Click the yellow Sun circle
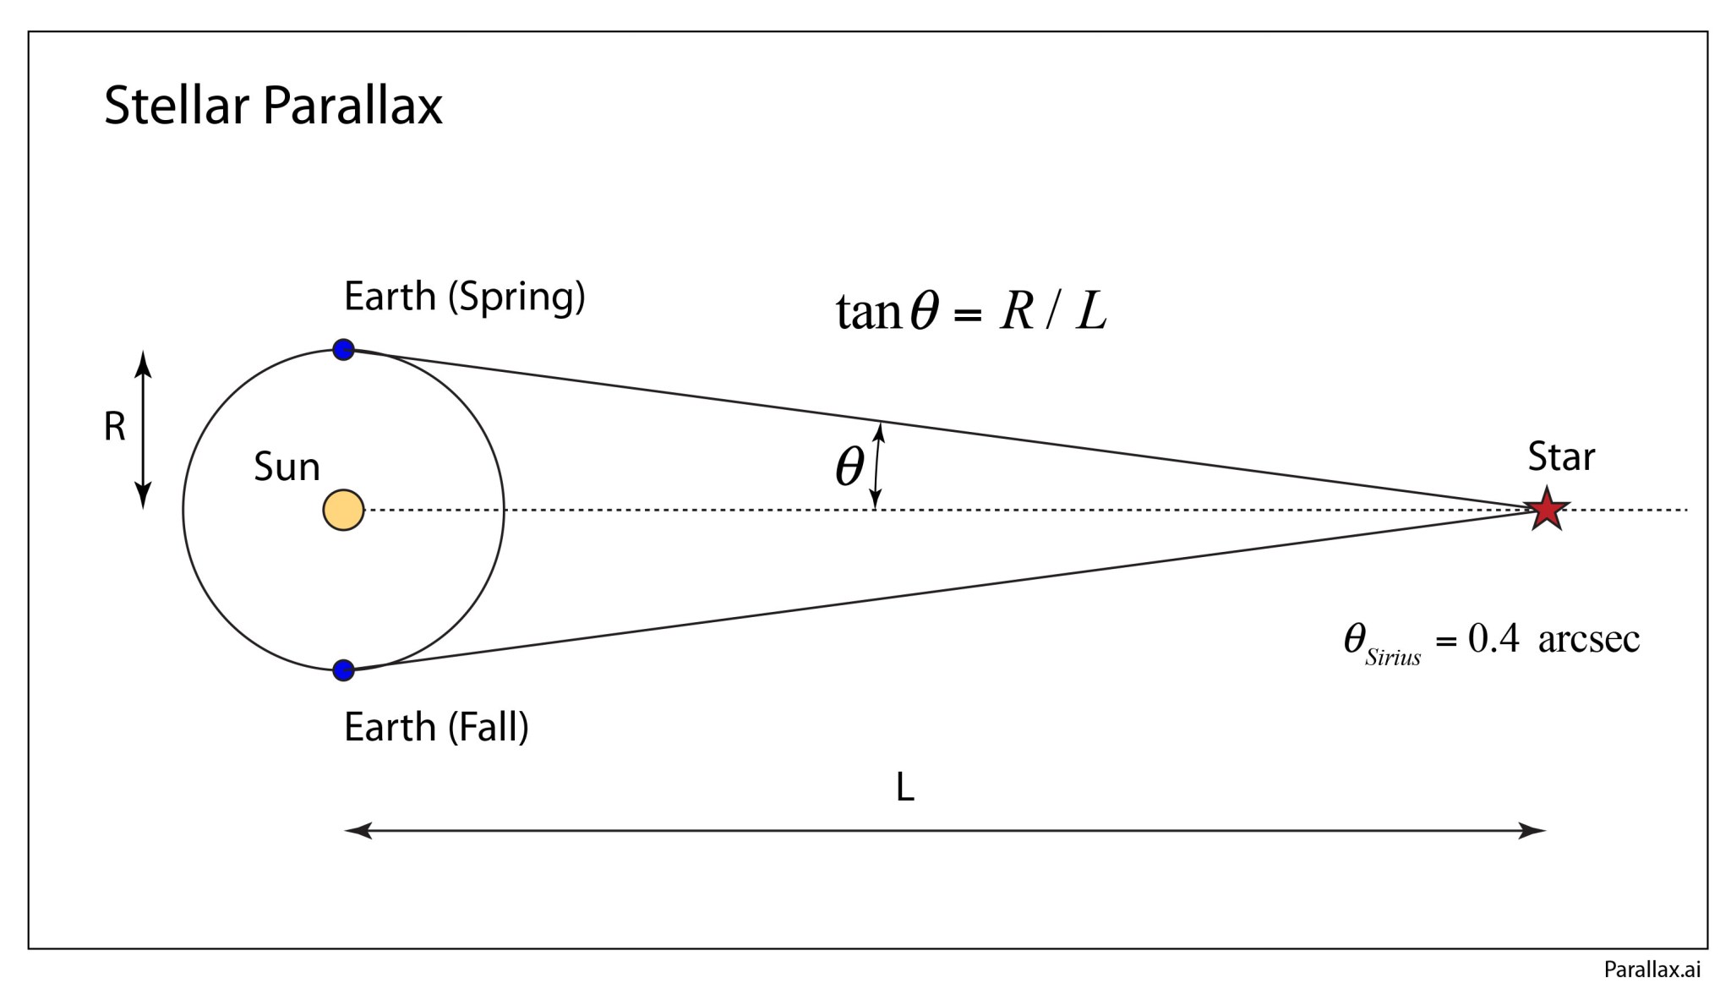click(343, 511)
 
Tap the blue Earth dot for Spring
click(343, 349)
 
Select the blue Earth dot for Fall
click(343, 670)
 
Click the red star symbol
click(1547, 510)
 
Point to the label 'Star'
click(1561, 457)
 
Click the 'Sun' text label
click(287, 467)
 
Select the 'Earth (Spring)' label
click(464, 298)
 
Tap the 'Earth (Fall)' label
click(436, 728)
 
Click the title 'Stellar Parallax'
click(273, 106)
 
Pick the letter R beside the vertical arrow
click(114, 427)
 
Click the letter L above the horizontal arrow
click(904, 789)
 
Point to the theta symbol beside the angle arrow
click(849, 466)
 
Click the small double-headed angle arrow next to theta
click(877, 466)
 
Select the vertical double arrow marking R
click(144, 429)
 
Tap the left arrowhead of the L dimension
click(358, 831)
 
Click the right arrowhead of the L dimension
click(1533, 831)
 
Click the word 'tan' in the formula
click(868, 312)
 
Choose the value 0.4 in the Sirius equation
click(1493, 639)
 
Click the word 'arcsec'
click(1589, 639)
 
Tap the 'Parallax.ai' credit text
click(1652, 970)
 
